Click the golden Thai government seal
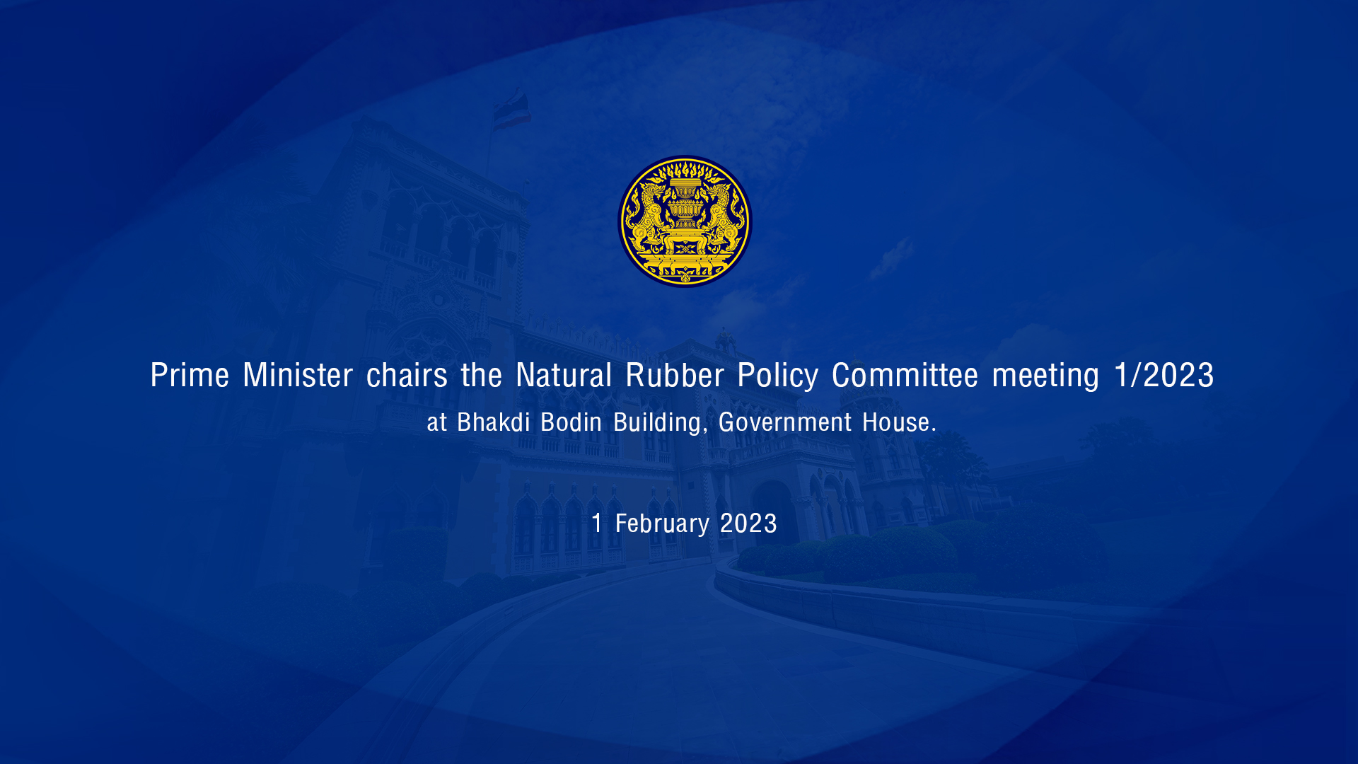click(x=685, y=221)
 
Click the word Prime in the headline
click(x=190, y=375)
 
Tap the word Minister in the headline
click(x=298, y=374)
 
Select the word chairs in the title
click(x=407, y=374)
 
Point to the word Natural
click(x=564, y=374)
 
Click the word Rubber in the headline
click(x=675, y=374)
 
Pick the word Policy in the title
click(x=778, y=375)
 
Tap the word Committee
click(x=905, y=374)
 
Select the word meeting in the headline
click(x=1045, y=376)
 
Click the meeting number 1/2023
click(x=1164, y=374)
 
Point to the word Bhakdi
click(x=494, y=422)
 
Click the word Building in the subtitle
click(x=657, y=423)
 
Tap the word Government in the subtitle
click(x=785, y=422)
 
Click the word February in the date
click(x=662, y=524)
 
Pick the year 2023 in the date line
click(x=748, y=523)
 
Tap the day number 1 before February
click(x=597, y=523)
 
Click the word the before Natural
click(x=482, y=374)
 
